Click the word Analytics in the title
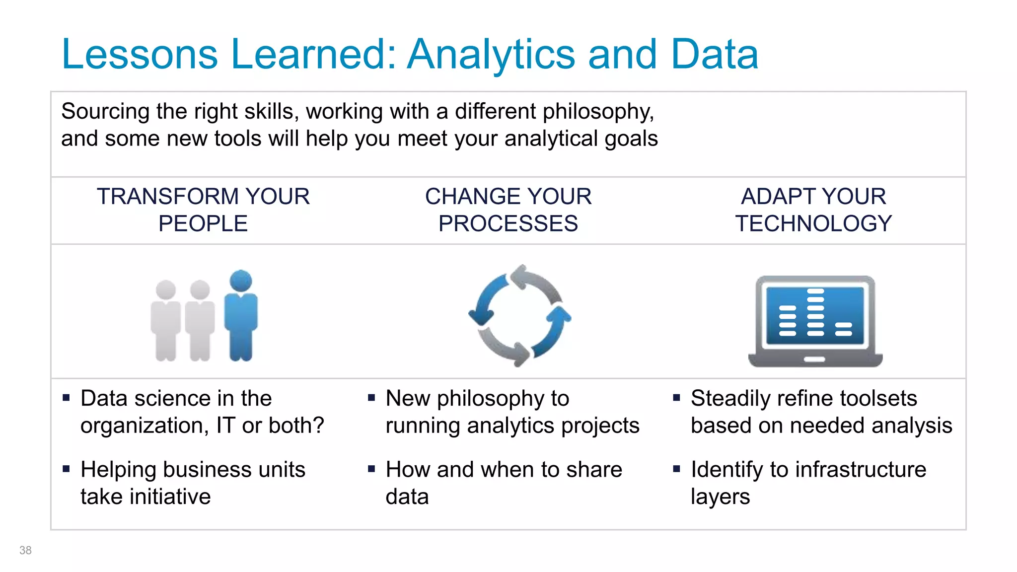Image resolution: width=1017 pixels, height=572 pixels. [491, 55]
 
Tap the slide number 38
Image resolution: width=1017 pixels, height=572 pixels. [25, 550]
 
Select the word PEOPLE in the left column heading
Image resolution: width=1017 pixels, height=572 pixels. [203, 224]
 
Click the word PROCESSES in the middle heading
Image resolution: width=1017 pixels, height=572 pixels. [508, 224]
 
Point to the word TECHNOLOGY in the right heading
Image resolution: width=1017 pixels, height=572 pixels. [813, 224]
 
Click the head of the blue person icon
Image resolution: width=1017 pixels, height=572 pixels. [241, 281]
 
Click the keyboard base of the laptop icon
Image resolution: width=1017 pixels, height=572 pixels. [815, 359]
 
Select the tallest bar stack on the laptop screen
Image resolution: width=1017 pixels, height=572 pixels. [815, 312]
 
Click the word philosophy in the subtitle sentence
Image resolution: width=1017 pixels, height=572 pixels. [597, 112]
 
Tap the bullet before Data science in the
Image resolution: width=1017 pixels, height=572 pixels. [67, 397]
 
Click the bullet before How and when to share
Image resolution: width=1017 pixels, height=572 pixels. [371, 468]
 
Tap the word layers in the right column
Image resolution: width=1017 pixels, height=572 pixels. [720, 497]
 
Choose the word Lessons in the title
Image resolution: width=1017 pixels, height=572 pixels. [140, 55]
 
